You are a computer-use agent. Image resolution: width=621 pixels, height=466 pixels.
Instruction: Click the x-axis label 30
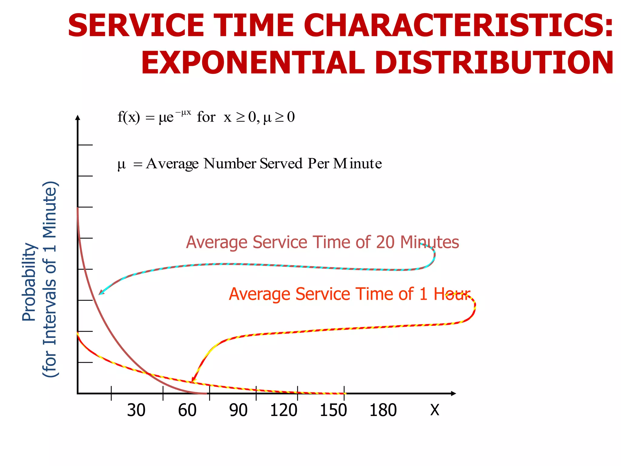(136, 410)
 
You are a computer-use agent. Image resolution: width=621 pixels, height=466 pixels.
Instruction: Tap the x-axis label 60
(187, 410)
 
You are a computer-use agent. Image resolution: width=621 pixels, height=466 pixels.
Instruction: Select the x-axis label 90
(238, 410)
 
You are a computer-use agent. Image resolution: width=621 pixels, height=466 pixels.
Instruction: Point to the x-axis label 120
(284, 410)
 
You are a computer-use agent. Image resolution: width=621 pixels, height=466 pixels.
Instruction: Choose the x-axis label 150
(333, 410)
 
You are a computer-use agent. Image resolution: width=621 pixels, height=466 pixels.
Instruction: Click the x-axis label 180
(383, 410)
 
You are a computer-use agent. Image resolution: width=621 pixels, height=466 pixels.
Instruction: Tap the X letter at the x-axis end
(435, 410)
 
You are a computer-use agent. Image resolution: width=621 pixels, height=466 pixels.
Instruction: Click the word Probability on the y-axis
(29, 282)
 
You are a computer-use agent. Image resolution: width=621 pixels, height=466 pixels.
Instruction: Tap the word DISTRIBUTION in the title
(494, 63)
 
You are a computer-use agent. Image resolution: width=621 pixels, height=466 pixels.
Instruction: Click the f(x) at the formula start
(129, 117)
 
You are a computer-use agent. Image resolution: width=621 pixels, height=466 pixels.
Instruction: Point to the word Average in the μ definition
(172, 164)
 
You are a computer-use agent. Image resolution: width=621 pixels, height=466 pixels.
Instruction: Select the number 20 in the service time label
(385, 242)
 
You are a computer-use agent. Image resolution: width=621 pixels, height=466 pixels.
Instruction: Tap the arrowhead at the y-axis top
(78, 118)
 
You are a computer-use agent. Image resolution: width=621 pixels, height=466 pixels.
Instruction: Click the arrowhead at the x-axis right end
(453, 393)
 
